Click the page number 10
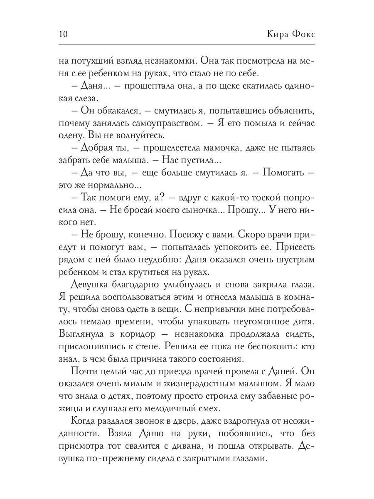(x=64, y=35)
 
